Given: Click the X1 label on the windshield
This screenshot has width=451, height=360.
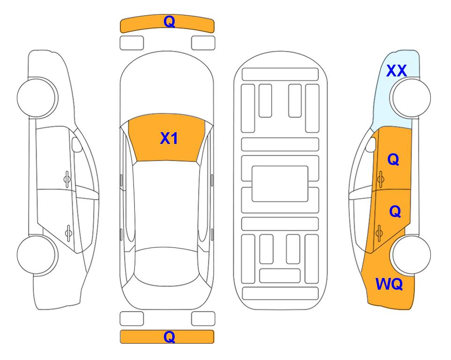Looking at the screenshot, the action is point(169,138).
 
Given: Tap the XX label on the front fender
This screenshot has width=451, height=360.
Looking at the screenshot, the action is point(396,71).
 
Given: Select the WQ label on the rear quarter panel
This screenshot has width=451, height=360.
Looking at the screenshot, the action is point(389,284).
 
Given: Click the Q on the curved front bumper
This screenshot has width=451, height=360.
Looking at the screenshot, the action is point(170,21).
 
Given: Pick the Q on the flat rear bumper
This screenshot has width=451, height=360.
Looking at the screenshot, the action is point(170,337).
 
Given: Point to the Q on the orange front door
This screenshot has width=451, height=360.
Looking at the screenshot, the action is point(393,159).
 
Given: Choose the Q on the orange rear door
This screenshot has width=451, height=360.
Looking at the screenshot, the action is point(395,212).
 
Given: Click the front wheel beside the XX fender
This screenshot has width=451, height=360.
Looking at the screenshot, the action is point(410,97).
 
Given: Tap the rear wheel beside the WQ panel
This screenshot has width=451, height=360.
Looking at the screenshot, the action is point(410,255).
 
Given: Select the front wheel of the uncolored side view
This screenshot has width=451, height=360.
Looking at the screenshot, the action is point(37,97).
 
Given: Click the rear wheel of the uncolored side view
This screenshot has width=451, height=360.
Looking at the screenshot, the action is point(37,255).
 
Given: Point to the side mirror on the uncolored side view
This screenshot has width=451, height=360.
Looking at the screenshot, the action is point(77,144).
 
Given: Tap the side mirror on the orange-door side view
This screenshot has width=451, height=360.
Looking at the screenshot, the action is point(371,144).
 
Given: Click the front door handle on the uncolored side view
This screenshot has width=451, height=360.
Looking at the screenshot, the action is point(67,180).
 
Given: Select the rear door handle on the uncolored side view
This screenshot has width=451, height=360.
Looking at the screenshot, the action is point(68,232).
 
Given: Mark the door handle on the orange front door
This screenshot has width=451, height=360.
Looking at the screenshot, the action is point(381,180).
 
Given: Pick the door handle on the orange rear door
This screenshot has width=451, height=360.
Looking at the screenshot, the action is point(379,232).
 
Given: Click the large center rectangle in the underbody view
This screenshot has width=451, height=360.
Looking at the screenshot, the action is point(280,184).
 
